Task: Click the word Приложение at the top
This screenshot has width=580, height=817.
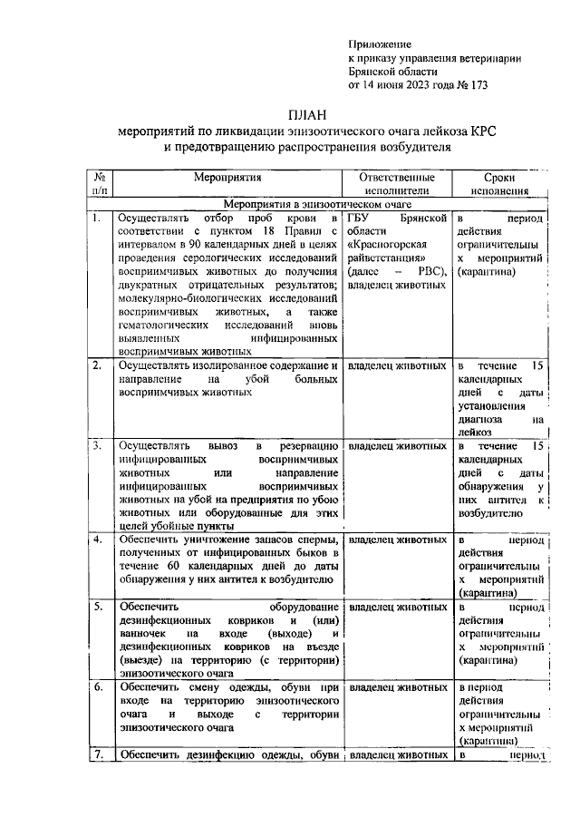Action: click(381, 44)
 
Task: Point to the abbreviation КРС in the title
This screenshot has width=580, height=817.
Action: click(484, 131)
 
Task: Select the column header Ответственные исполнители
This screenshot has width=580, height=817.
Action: click(397, 185)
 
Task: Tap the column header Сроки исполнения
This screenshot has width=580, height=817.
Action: click(498, 185)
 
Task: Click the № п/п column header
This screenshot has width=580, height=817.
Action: click(99, 185)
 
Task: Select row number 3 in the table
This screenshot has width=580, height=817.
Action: click(95, 446)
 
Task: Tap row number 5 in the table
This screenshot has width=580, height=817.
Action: click(95, 607)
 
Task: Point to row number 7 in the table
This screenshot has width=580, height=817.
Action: click(95, 754)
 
